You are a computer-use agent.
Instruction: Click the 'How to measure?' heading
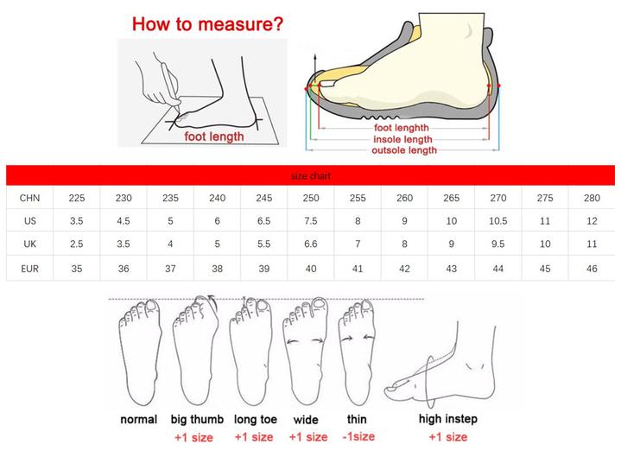click(x=207, y=24)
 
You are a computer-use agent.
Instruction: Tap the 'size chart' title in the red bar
click(x=311, y=176)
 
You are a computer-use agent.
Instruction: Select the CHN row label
click(x=29, y=198)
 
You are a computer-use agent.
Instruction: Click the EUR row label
click(x=29, y=269)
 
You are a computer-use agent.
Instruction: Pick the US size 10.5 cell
click(x=497, y=220)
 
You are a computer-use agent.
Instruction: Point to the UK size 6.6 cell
click(x=311, y=244)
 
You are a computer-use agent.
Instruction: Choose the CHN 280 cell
click(x=592, y=198)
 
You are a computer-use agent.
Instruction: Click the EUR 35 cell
click(x=76, y=269)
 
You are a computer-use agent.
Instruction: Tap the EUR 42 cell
click(x=404, y=269)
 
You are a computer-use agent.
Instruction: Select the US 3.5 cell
click(x=76, y=220)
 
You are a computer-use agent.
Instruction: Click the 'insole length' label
click(x=402, y=139)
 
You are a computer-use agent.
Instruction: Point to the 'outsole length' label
click(x=404, y=150)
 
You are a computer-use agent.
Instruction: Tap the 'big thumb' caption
click(x=197, y=419)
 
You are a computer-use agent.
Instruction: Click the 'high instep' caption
click(x=448, y=419)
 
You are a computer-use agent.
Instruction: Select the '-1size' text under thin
click(x=358, y=436)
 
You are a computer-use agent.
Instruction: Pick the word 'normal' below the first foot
click(x=138, y=419)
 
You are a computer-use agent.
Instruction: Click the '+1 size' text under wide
click(x=308, y=437)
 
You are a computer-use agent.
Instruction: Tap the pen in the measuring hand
click(x=171, y=84)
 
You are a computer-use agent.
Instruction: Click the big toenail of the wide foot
click(x=320, y=303)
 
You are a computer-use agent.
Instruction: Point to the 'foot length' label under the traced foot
click(x=214, y=136)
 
